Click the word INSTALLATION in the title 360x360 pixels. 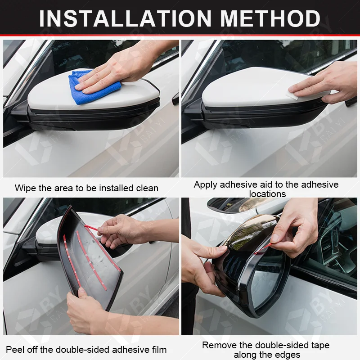[x=125, y=18]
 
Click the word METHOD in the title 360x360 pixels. [x=270, y=18]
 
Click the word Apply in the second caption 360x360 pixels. [x=206, y=185]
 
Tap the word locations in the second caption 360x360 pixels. [x=267, y=194]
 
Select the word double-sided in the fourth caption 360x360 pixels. [x=275, y=345]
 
